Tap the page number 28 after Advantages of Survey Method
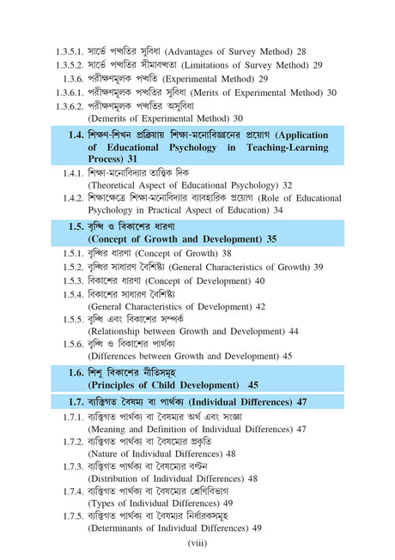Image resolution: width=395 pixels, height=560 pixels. pyautogui.click(x=301, y=52)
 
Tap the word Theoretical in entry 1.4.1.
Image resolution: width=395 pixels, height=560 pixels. pyautogui.click(x=120, y=185)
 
